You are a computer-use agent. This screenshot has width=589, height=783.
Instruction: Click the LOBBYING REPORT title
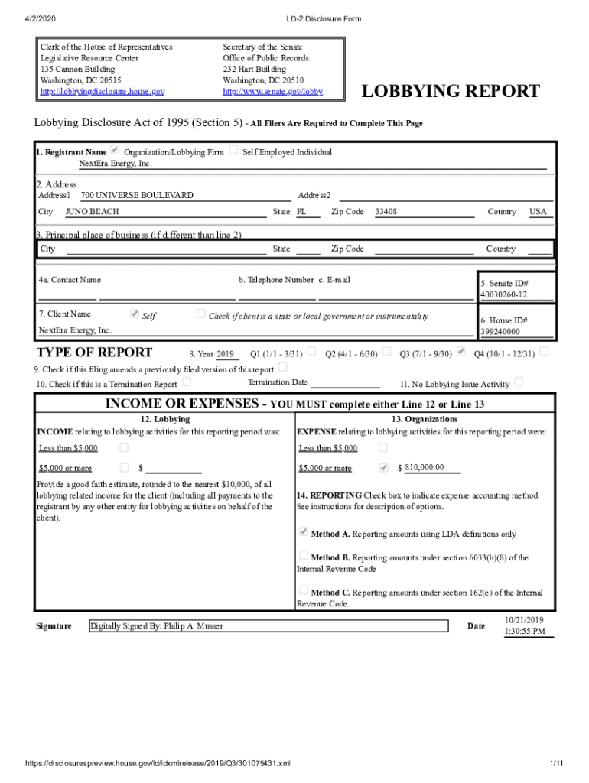coord(451,93)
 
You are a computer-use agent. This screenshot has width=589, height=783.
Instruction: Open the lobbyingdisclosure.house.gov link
coord(102,92)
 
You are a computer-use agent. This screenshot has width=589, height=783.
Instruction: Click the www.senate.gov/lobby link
coord(272,92)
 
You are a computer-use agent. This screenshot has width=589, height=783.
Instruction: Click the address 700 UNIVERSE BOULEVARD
coord(137,196)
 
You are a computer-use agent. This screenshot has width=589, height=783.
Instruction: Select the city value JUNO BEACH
coord(92,212)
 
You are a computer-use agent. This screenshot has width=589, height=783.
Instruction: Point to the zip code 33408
coord(386,212)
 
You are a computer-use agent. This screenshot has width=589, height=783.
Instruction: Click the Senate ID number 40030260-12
coord(503,295)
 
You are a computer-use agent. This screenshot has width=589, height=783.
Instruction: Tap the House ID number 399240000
coord(500,332)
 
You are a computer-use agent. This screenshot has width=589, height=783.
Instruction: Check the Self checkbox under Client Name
coord(135,314)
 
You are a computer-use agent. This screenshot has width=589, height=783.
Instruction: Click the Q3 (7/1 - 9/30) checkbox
coord(461,352)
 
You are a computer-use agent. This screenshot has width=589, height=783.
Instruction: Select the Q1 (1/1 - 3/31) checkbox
coord(311,352)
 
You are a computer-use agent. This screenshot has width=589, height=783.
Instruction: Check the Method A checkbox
coord(303,531)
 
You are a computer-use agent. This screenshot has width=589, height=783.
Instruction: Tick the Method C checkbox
coord(303,590)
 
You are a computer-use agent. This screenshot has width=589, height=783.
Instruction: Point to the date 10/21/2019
coord(524,619)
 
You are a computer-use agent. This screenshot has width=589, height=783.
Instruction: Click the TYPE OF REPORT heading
coord(95,353)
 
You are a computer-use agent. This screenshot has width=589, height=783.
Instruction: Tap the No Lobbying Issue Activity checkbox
coord(519,382)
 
